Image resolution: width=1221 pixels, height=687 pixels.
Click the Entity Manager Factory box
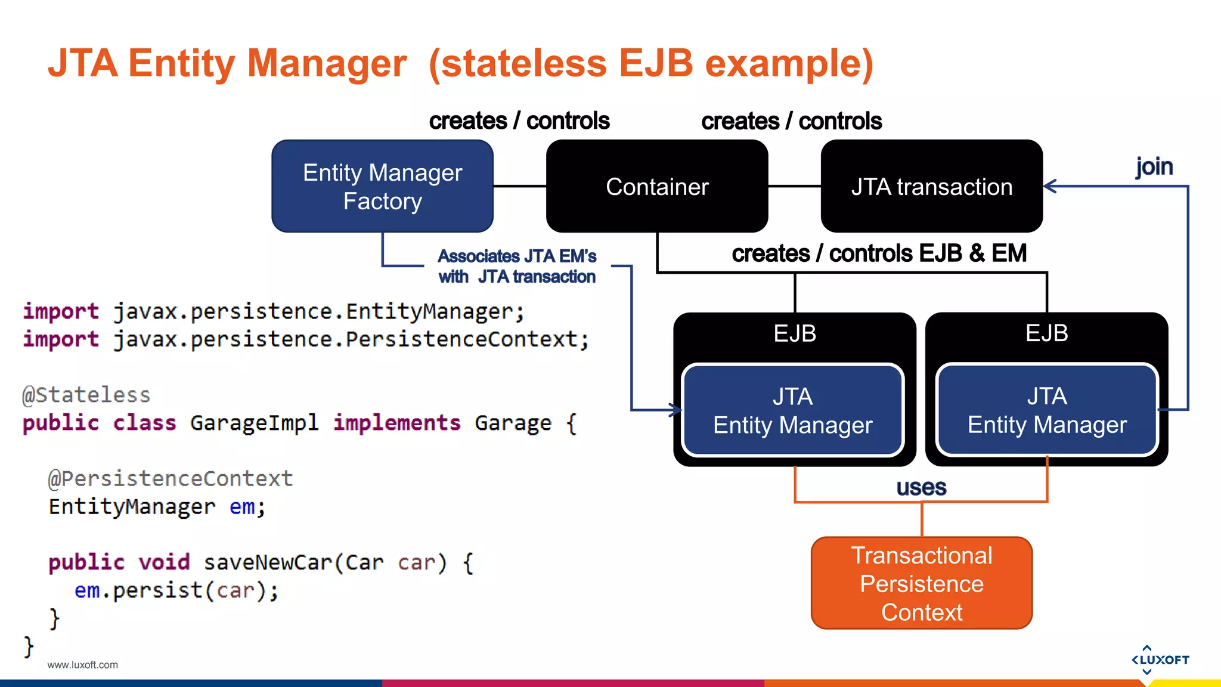(382, 186)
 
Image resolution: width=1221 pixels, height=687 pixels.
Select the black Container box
(657, 186)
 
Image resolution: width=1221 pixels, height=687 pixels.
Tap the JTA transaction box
(931, 186)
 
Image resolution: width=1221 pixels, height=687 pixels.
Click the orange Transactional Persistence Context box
(922, 583)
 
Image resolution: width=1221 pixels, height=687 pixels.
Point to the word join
(1154, 166)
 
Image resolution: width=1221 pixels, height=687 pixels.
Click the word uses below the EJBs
(921, 488)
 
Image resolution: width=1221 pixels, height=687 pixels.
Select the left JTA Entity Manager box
(792, 410)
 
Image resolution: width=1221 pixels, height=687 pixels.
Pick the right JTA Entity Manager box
(1047, 410)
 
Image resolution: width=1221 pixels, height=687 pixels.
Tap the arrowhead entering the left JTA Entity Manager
(676, 410)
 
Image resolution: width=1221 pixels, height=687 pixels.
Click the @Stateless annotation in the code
(86, 395)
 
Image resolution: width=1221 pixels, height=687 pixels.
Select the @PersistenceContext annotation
(171, 478)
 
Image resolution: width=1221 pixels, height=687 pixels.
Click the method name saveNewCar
(268, 562)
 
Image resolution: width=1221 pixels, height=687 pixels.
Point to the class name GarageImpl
(255, 423)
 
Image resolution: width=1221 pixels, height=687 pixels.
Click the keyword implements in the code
(396, 423)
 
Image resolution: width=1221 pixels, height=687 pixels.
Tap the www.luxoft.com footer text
(82, 665)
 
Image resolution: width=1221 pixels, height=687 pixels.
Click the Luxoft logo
(1160, 660)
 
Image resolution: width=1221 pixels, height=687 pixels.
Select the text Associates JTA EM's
(517, 256)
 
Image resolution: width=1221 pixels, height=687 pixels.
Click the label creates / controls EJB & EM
(879, 253)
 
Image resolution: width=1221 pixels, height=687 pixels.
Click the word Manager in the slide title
(327, 63)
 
